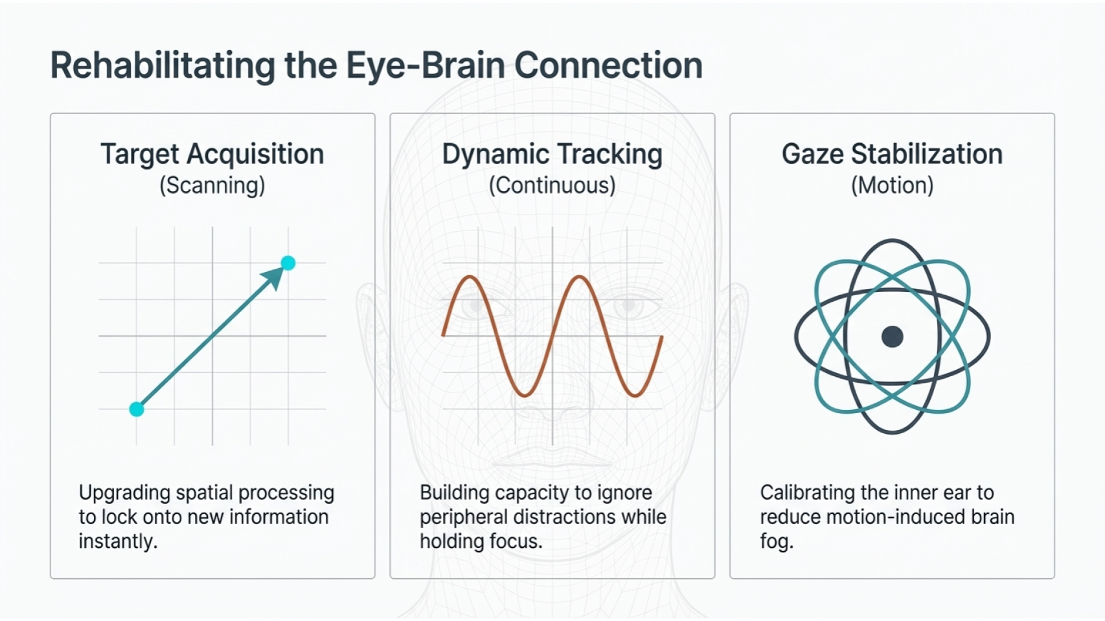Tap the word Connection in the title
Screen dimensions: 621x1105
point(608,65)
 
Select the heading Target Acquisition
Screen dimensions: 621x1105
point(212,154)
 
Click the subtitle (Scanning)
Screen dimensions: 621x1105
point(212,185)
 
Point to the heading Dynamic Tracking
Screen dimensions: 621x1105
point(552,154)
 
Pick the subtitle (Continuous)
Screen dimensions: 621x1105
point(552,185)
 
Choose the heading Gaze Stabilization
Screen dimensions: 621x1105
point(892,154)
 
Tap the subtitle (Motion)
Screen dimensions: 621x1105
point(892,185)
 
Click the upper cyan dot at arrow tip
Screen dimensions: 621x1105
point(288,263)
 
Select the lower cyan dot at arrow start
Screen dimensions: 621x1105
point(137,409)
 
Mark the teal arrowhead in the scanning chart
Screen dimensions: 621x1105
point(273,277)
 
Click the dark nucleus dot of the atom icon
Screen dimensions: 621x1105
point(892,337)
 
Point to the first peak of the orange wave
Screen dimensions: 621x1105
point(470,278)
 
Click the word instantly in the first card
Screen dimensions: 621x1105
point(117,541)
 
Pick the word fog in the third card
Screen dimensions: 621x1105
point(775,541)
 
